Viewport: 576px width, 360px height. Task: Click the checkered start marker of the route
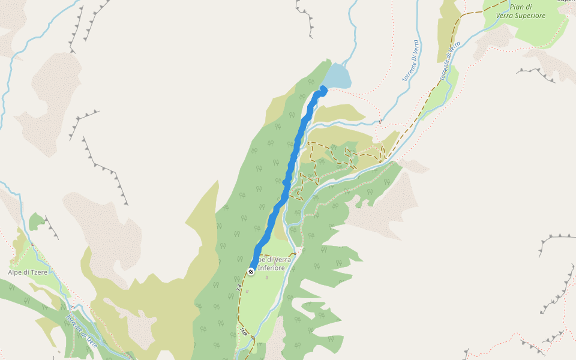(x=251, y=271)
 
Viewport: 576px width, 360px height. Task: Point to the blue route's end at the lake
(x=324, y=90)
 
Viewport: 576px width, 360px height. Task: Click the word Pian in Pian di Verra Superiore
(x=517, y=7)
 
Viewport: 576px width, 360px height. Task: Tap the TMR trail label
(x=244, y=331)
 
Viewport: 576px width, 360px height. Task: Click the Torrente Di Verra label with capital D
(x=410, y=61)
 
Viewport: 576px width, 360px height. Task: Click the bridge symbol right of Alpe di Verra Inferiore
(x=295, y=254)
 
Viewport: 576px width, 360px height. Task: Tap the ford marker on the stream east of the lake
(x=380, y=121)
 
